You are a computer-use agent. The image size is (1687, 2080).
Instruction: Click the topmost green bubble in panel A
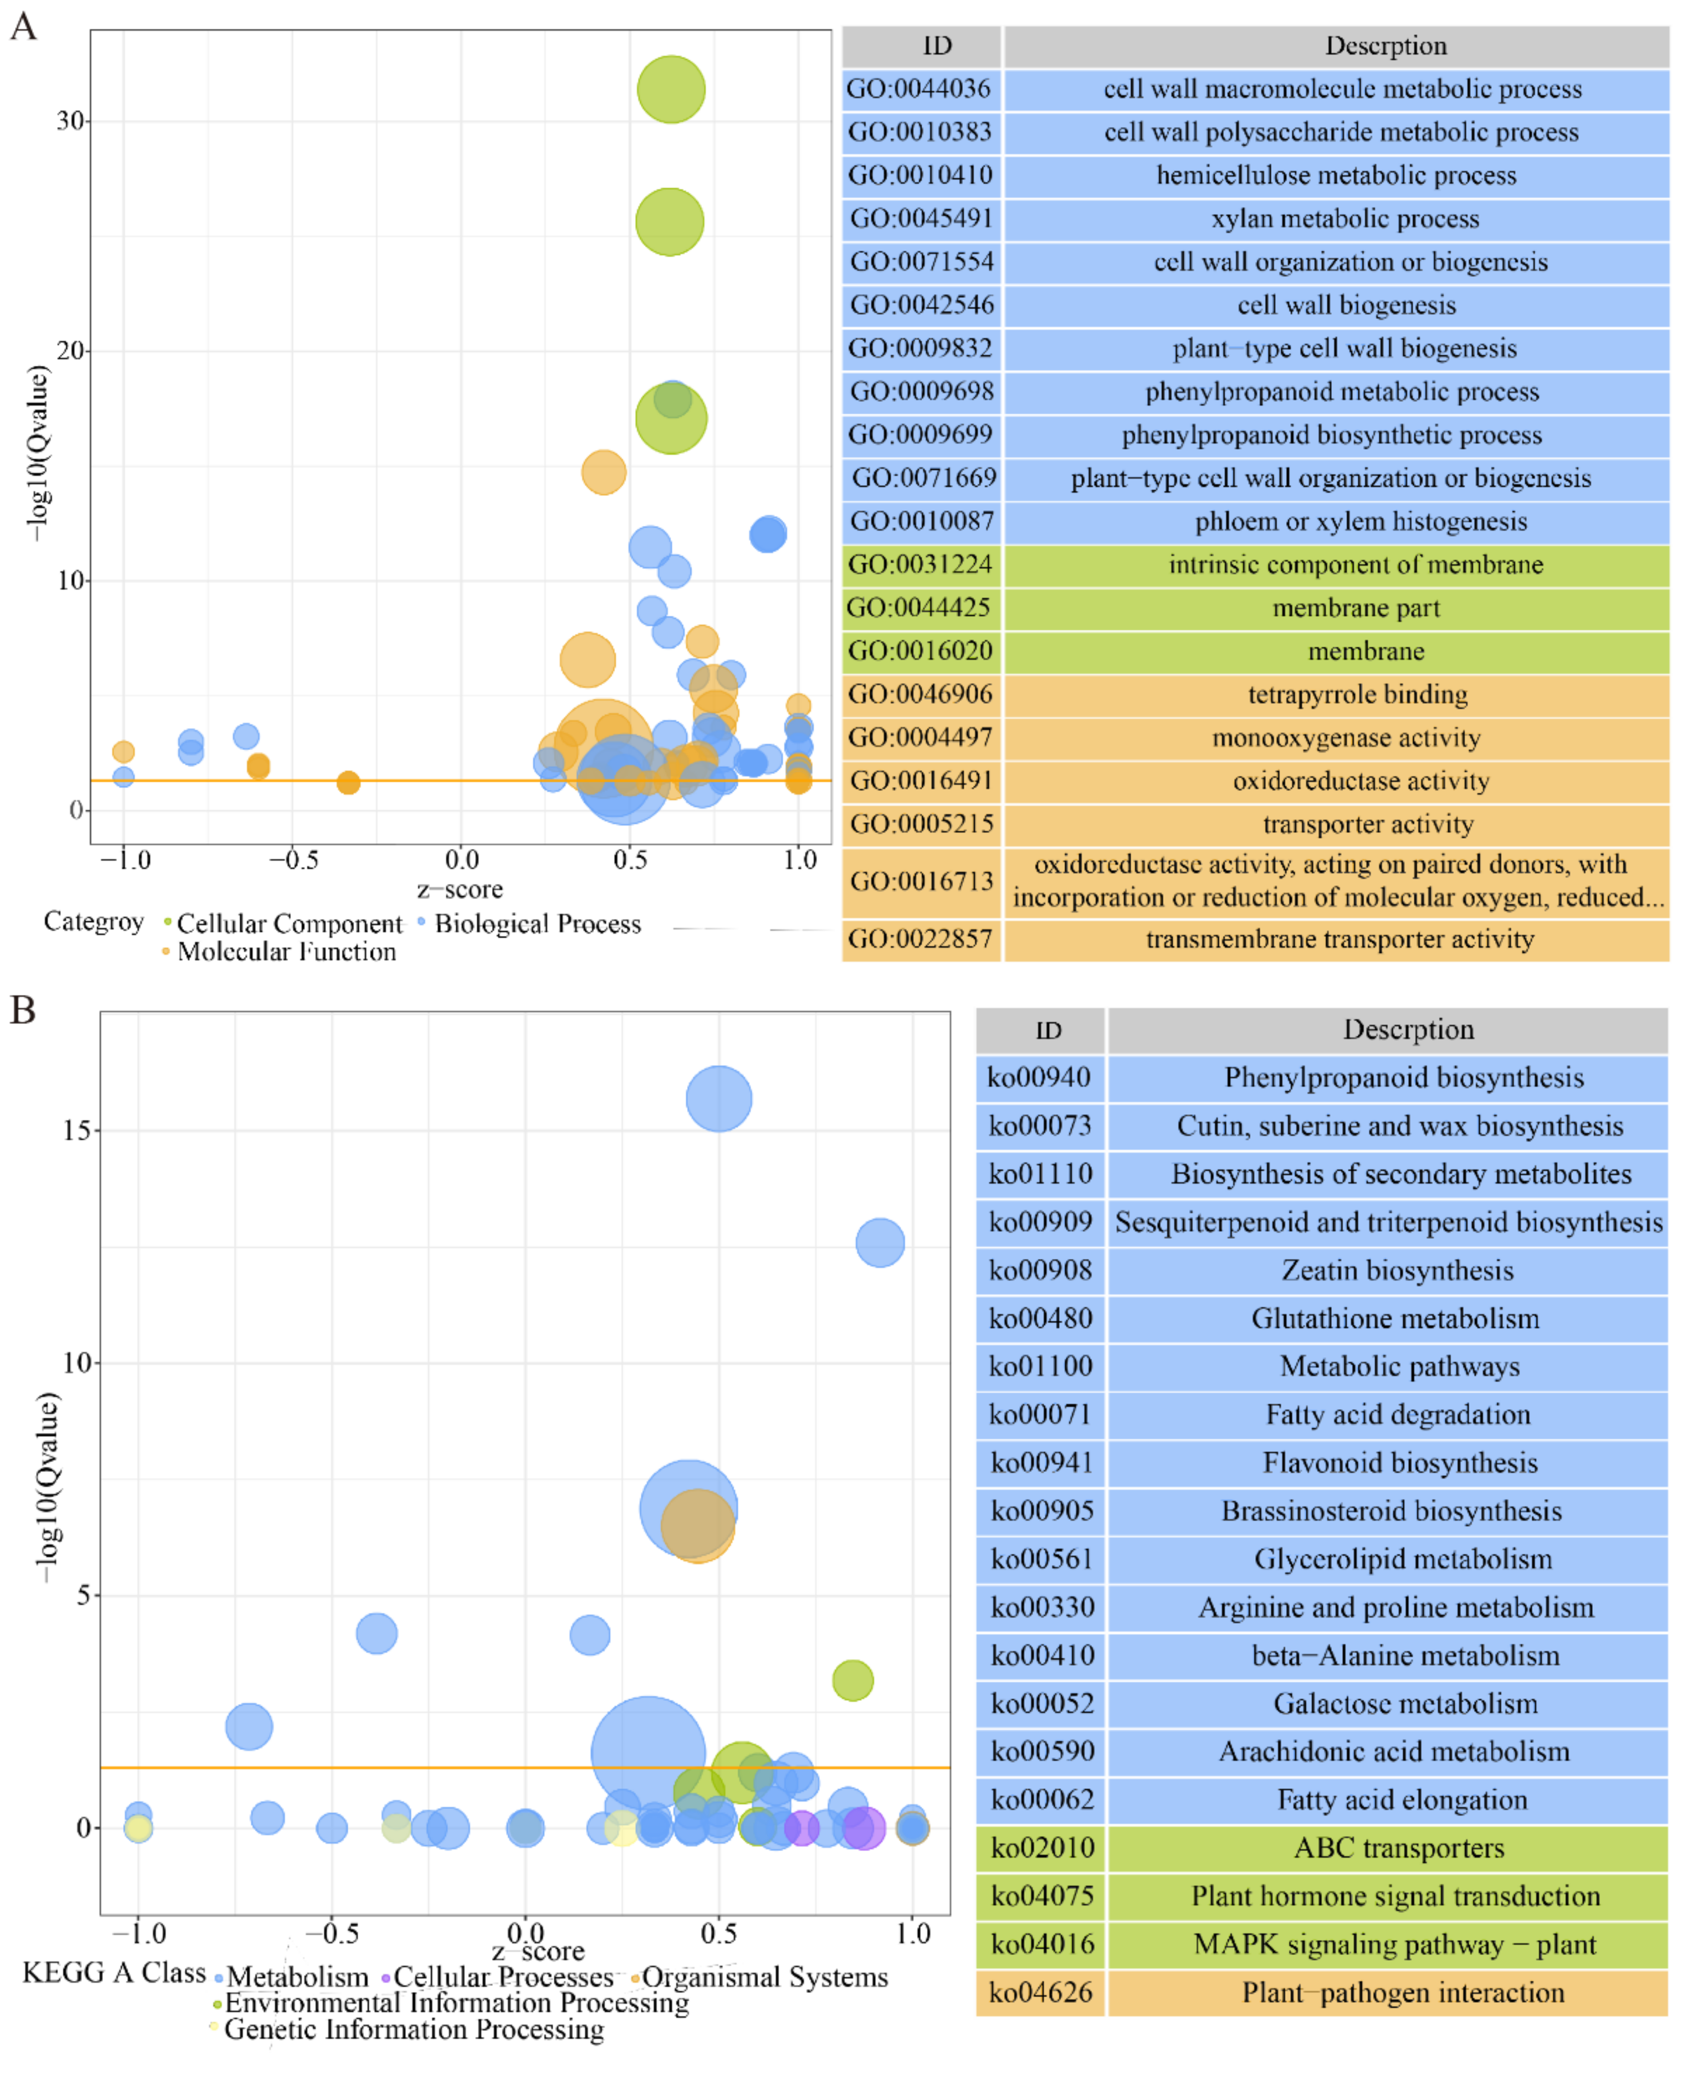point(671,90)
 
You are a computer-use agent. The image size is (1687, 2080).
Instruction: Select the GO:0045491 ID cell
point(921,219)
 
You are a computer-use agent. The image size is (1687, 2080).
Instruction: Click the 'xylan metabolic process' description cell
point(1345,219)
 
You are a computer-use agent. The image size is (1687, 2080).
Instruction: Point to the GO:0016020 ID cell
point(921,651)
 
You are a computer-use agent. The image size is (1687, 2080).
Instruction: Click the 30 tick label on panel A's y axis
point(70,121)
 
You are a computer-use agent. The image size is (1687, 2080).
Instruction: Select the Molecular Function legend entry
point(286,952)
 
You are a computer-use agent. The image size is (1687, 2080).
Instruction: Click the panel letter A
point(23,26)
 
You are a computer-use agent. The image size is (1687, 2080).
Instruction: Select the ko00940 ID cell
point(1039,1077)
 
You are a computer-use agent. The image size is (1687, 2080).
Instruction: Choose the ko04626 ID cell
point(1040,1993)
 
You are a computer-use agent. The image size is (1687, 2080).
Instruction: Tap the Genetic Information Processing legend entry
point(413,2030)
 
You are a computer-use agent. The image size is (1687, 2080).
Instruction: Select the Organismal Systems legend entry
point(764,1977)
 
